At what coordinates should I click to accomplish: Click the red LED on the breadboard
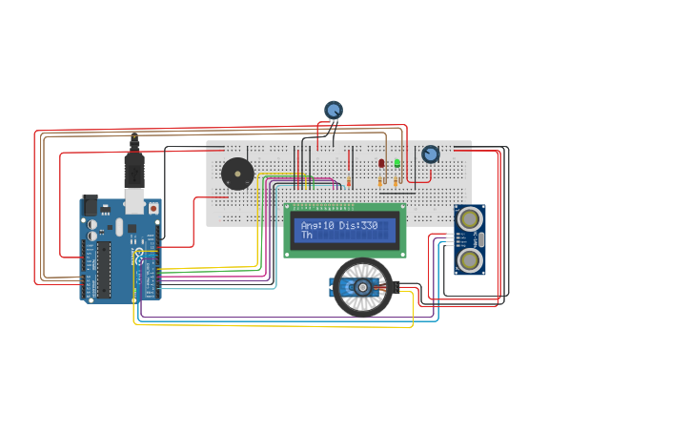click(381, 163)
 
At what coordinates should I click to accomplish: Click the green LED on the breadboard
click(397, 163)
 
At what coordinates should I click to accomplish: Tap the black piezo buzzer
click(237, 174)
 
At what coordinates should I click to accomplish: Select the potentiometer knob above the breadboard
click(333, 112)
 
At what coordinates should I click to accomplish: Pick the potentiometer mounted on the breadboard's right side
click(431, 154)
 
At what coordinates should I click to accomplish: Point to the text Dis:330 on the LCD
click(358, 225)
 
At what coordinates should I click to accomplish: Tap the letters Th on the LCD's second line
click(307, 235)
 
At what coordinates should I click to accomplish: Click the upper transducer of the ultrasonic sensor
click(469, 219)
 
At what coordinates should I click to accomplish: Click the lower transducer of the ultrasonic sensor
click(469, 258)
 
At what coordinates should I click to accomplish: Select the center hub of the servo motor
click(362, 286)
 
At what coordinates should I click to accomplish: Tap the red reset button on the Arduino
click(152, 207)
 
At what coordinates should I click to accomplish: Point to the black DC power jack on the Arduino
click(91, 205)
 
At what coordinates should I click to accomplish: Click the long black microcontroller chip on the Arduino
click(103, 269)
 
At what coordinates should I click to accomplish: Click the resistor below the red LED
click(381, 180)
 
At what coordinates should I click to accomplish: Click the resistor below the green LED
click(397, 180)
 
